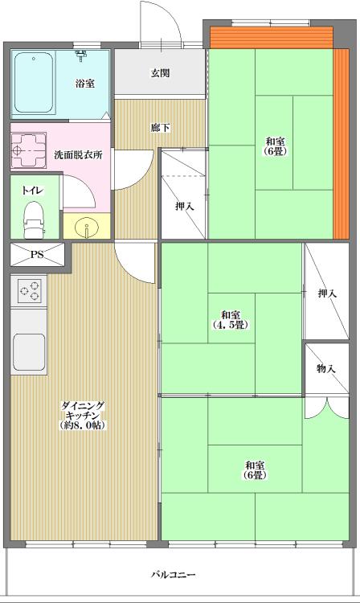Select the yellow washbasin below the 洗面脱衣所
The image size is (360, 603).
pos(86,229)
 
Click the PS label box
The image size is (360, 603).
pos(37,255)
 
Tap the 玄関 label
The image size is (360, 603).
pos(159,74)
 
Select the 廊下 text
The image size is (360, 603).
pos(159,128)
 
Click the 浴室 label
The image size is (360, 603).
pos(85,83)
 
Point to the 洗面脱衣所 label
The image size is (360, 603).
pos(78,154)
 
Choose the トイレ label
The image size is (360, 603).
pos(33,190)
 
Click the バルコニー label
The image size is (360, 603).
pos(173,575)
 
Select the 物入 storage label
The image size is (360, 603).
pos(326,368)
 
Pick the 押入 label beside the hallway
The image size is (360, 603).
pos(184,207)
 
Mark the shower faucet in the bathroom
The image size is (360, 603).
pos(80,55)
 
